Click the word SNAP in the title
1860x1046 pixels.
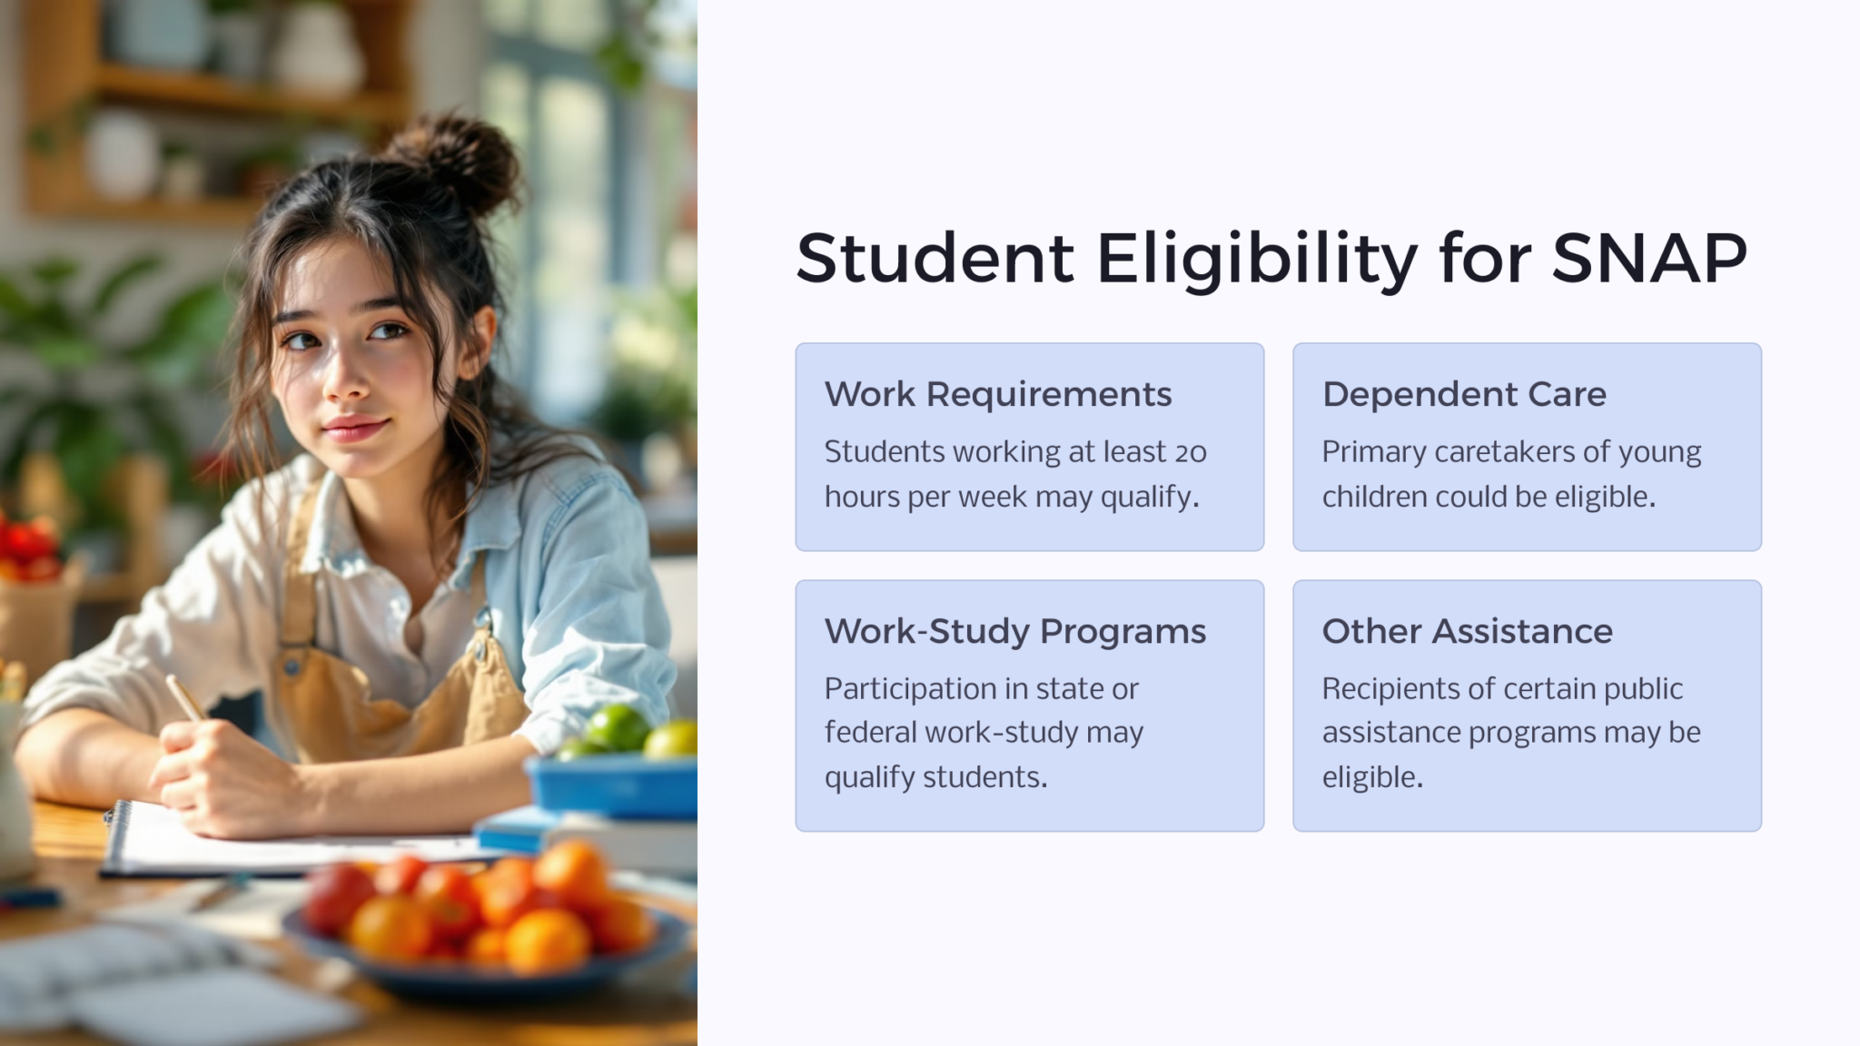[x=1648, y=259]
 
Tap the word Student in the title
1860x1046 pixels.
[x=935, y=259]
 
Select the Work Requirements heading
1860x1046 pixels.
[x=998, y=395]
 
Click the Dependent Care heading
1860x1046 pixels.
[x=1464, y=395]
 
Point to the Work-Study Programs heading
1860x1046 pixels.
[x=1015, y=632]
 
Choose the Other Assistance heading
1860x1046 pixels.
[x=1467, y=632]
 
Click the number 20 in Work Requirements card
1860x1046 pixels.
[x=1191, y=452]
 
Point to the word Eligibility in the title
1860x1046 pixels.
[x=1257, y=259]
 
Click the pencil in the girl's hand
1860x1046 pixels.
[x=185, y=698]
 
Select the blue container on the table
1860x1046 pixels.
[x=614, y=786]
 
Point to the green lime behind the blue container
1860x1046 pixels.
[x=617, y=727]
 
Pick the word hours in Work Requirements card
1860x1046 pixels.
[x=861, y=498]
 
